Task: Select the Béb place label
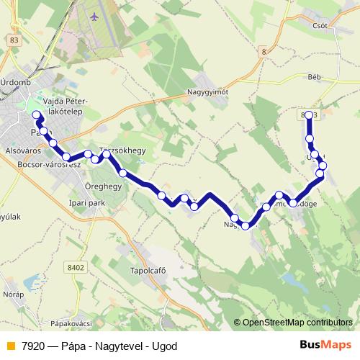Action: pyautogui.click(x=313, y=76)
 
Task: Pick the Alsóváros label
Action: pyautogui.click(x=20, y=152)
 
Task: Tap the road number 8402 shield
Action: pyautogui.click(x=74, y=267)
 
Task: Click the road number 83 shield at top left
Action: pyautogui.click(x=15, y=41)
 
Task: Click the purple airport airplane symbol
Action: pyautogui.click(x=95, y=14)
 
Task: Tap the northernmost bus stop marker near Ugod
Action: pyautogui.click(x=309, y=115)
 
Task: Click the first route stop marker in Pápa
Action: pyautogui.click(x=37, y=115)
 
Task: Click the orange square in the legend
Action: pyautogui.click(x=9, y=346)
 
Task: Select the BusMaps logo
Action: pyautogui.click(x=325, y=345)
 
